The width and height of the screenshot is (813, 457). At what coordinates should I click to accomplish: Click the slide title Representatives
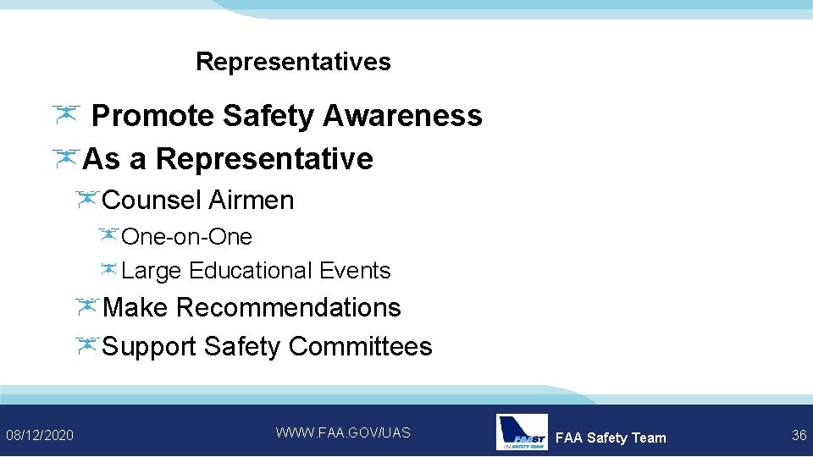(x=293, y=62)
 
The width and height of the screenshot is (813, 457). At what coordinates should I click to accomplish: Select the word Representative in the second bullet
(x=264, y=158)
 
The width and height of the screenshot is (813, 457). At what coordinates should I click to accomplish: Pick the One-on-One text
(x=187, y=237)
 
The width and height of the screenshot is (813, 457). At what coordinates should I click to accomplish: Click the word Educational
(x=251, y=271)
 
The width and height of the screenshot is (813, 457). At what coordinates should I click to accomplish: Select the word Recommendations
(x=289, y=307)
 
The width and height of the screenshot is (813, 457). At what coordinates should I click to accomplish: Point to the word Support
(x=149, y=346)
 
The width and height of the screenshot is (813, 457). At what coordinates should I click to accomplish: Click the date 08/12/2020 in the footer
(x=40, y=435)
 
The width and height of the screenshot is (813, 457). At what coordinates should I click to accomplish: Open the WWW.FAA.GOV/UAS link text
(x=343, y=432)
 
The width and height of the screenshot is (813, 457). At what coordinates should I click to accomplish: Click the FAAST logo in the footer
(x=521, y=432)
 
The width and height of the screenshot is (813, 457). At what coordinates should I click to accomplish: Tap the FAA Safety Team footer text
(x=611, y=438)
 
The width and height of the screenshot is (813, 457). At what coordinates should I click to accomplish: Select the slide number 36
(x=799, y=435)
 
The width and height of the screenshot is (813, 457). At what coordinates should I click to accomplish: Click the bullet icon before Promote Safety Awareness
(x=65, y=113)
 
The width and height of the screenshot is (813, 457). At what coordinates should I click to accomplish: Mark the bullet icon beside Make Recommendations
(x=87, y=306)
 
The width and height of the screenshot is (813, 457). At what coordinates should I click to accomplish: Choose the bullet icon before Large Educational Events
(x=108, y=269)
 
